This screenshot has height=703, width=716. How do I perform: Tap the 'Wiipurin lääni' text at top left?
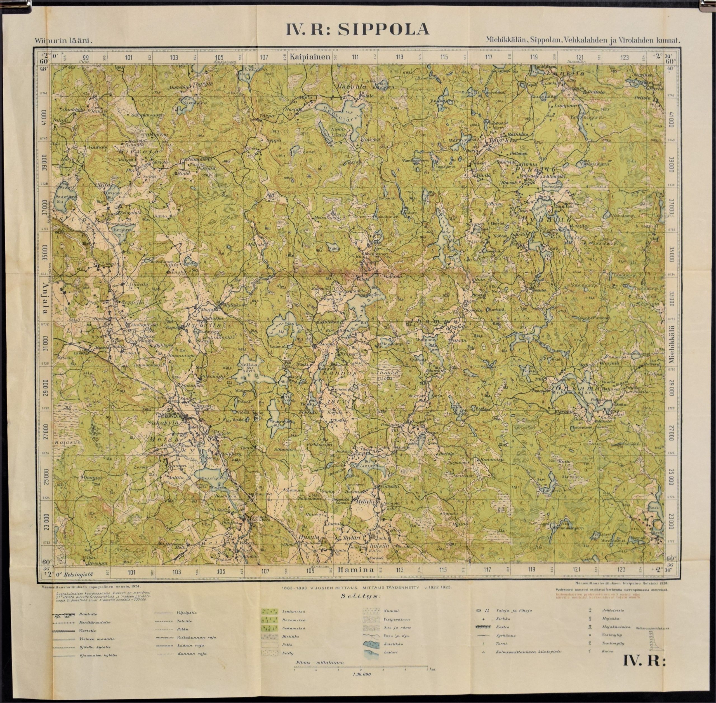click(x=63, y=41)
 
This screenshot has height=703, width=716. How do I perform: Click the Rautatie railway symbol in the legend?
click(x=61, y=614)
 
